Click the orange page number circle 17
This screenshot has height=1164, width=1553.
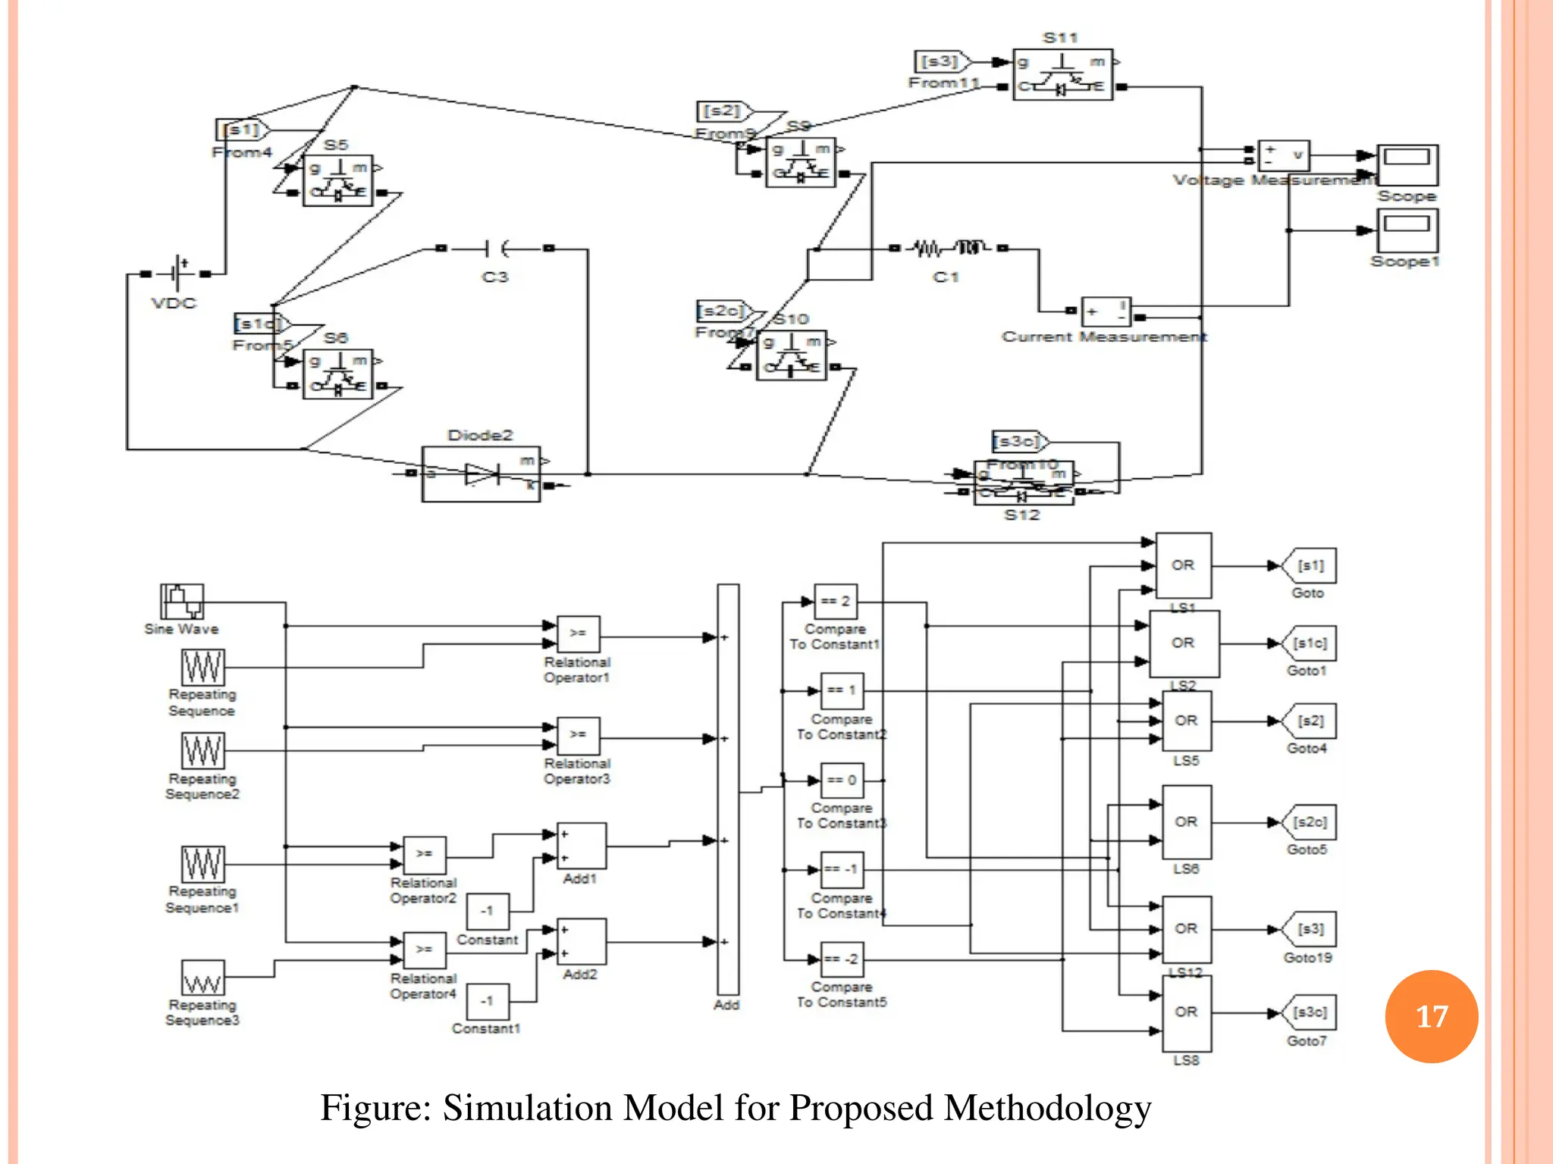coord(1431,1015)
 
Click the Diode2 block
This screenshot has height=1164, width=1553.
coord(481,474)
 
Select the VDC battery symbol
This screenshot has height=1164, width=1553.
coord(177,273)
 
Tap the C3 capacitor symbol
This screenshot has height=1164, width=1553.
coord(495,249)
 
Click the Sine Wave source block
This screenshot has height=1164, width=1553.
coord(182,602)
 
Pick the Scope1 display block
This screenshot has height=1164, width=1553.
coord(1407,230)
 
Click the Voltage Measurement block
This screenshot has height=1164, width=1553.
coord(1283,155)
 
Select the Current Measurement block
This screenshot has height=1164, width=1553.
coord(1106,311)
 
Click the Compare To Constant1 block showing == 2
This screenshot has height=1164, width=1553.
coord(836,602)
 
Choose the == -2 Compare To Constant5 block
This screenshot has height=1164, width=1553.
coord(842,959)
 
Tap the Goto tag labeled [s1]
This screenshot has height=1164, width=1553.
coord(1310,566)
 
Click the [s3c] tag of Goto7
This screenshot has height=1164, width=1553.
coord(1310,1012)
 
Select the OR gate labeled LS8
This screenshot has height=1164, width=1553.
coord(1186,1013)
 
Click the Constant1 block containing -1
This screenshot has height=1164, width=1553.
coord(487,1001)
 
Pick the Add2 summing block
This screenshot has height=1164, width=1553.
coord(581,942)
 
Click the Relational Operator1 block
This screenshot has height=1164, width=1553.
coord(578,634)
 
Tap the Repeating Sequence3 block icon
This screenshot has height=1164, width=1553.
coord(202,978)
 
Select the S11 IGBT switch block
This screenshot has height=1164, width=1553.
coord(1062,74)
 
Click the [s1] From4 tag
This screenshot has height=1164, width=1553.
coord(242,130)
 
